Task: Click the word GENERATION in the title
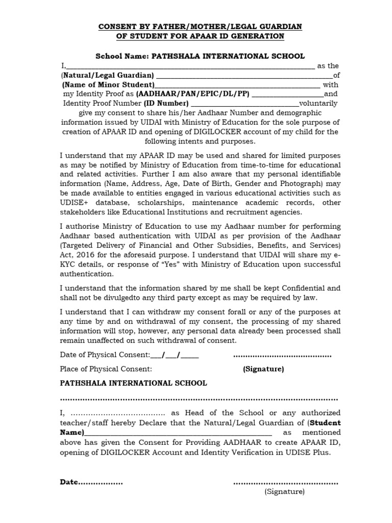coord(255,36)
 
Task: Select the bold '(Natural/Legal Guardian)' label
coord(109,75)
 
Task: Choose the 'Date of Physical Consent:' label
coord(105,355)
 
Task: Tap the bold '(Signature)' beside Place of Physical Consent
coord(263,369)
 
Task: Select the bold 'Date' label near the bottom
coord(69,482)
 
